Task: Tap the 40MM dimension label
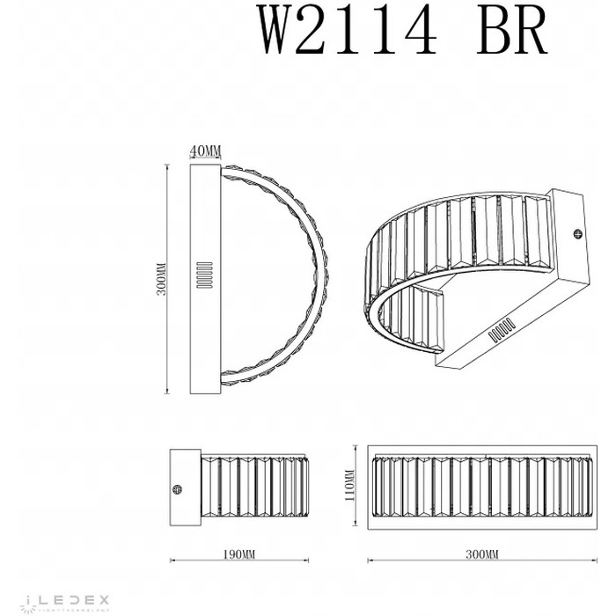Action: [x=205, y=152]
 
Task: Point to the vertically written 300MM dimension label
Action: [x=160, y=280]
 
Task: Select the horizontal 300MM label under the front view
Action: [x=480, y=554]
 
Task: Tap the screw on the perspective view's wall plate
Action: [x=578, y=233]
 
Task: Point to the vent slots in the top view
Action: [x=205, y=274]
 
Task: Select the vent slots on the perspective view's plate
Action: [x=502, y=329]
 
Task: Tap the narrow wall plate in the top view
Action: [x=205, y=279]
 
